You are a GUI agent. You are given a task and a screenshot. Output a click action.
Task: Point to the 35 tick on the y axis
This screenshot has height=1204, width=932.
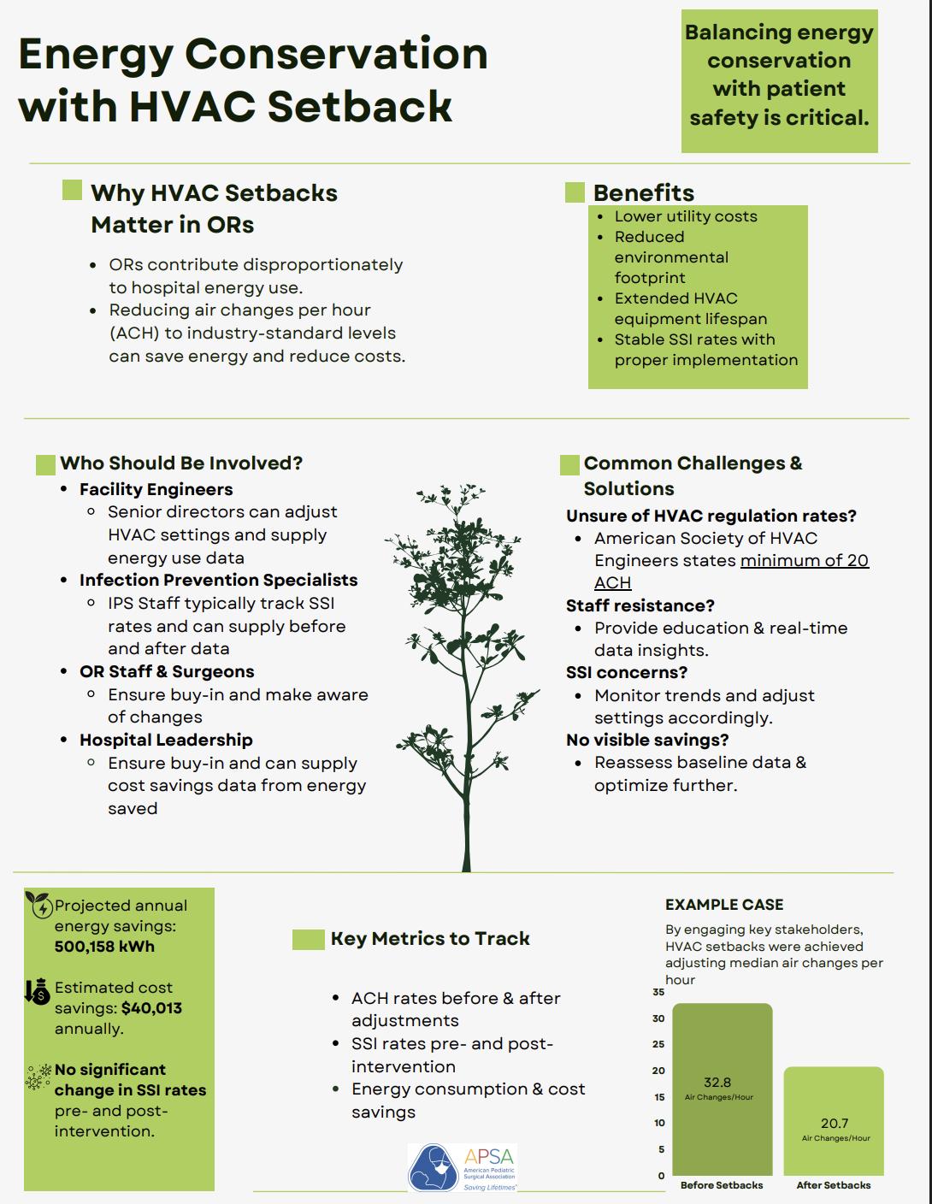658,992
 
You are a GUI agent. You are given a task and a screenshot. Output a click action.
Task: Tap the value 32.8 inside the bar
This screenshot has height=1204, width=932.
717,1083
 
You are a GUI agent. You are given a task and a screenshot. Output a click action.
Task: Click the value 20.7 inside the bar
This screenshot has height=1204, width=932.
834,1124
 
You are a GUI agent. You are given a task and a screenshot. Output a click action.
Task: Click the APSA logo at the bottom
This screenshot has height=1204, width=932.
463,1168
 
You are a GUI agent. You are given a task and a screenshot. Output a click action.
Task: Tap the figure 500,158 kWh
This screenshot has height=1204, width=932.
104,947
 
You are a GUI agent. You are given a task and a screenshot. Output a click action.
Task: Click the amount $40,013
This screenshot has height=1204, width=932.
151,1008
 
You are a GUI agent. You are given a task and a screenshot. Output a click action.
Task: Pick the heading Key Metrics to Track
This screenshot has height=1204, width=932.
430,939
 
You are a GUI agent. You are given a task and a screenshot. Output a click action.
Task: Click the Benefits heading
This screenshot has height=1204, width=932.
643,192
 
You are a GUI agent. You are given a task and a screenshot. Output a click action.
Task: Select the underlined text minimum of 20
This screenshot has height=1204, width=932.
804,561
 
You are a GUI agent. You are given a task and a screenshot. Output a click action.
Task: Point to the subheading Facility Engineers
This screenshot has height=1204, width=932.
156,489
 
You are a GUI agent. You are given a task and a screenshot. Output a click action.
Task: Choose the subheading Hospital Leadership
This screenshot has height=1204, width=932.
166,740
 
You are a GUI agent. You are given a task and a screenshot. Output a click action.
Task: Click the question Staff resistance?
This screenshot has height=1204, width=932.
640,605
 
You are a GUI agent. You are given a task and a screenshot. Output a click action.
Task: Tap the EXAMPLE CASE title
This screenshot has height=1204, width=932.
723,905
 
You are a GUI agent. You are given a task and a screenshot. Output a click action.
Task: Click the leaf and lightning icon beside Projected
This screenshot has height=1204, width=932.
39,904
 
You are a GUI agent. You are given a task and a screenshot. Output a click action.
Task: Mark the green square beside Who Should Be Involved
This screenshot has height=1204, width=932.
46,464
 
